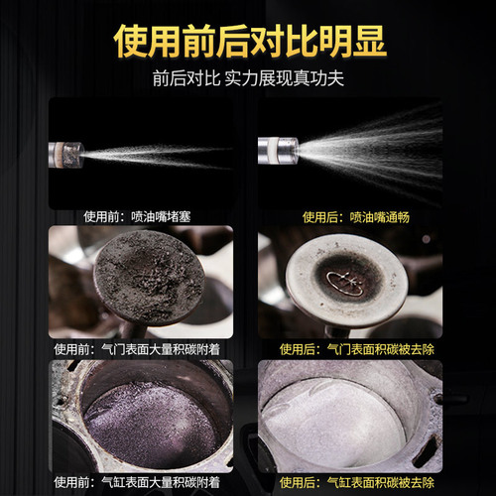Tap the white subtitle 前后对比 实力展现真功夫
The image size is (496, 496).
pyautogui.click(x=247, y=80)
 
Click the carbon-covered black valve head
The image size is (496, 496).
pyautogui.click(x=149, y=281)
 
